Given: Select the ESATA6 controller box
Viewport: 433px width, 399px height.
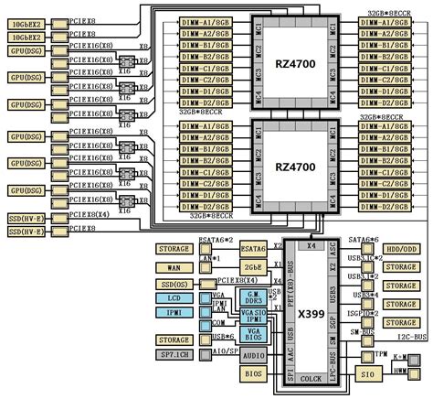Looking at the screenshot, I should (x=253, y=248).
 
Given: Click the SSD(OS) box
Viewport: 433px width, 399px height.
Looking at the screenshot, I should (x=174, y=284).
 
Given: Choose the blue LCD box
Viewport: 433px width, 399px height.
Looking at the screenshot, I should (x=174, y=299).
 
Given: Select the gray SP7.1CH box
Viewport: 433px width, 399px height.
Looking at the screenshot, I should (x=174, y=354).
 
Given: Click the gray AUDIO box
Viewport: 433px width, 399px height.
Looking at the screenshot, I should (x=254, y=355).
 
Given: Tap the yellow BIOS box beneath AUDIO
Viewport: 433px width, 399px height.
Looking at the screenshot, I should (x=254, y=373).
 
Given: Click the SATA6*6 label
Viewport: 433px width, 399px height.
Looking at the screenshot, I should (x=363, y=239).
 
